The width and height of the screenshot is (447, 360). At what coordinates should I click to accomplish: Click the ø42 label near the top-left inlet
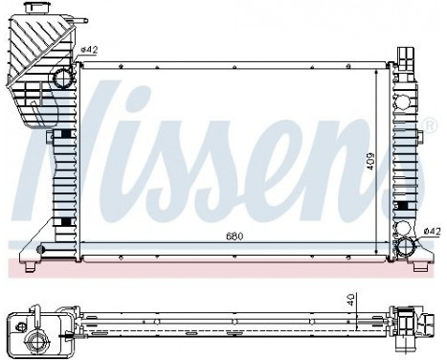pos(89,50)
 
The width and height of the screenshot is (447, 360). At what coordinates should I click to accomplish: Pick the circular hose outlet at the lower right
pos(406,248)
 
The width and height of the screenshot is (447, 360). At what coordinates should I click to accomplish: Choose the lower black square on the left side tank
pos(65,222)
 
